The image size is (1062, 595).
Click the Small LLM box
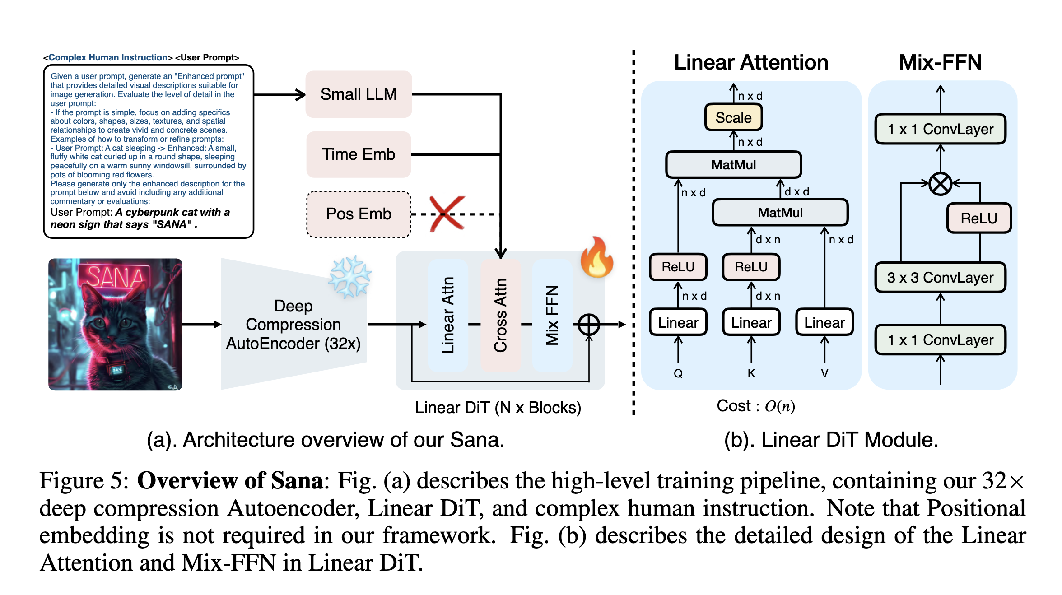[x=359, y=94]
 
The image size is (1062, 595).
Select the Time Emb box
[x=359, y=154]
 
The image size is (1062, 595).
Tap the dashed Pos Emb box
[x=359, y=214]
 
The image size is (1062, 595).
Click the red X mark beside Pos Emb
[x=447, y=214]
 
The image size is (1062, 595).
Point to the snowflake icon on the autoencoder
[x=350, y=277]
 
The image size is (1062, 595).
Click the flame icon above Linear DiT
[x=597, y=258]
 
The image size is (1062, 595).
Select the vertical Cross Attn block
[x=501, y=315]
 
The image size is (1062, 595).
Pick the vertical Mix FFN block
[x=552, y=315]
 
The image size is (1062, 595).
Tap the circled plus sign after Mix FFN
[x=589, y=325]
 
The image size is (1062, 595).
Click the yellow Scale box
[x=733, y=118]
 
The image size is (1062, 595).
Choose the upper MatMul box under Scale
[x=733, y=165]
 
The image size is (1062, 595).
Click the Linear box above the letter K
[x=751, y=322]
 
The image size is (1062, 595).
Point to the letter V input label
[x=824, y=373]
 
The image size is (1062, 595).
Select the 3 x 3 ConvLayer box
[x=940, y=277]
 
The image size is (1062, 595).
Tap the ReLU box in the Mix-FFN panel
[x=978, y=218]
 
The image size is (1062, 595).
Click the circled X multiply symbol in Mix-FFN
[x=940, y=184]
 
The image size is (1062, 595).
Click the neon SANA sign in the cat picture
[x=115, y=276]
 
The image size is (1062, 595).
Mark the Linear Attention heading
[x=751, y=62]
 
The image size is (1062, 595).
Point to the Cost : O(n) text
[x=755, y=406]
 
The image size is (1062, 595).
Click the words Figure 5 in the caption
[x=84, y=480]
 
